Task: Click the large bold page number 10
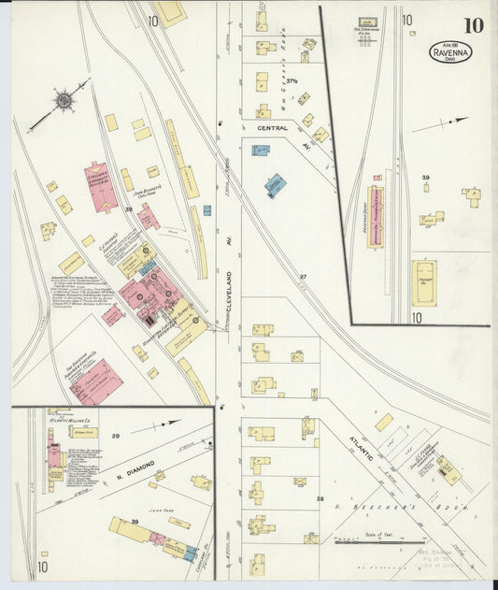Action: point(473,25)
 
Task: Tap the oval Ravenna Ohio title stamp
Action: point(450,51)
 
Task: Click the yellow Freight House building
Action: point(423,282)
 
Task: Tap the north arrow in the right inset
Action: point(440,124)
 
